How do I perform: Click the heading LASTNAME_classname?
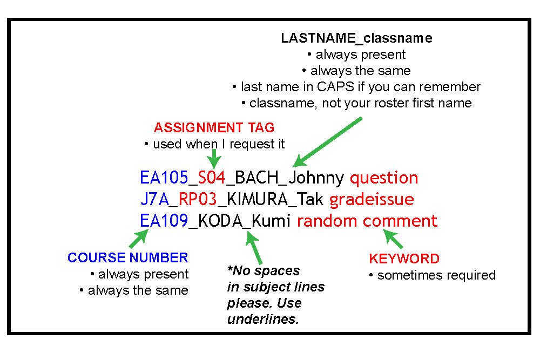[x=356, y=38]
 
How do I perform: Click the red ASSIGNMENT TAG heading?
[x=214, y=128]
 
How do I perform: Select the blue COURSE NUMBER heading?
[x=128, y=257]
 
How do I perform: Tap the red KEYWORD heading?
[x=404, y=259]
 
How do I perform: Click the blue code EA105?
[x=164, y=178]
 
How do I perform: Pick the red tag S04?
[x=212, y=178]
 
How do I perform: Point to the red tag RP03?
[x=198, y=199]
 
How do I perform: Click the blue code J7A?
[x=154, y=199]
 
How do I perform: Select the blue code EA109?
[x=164, y=221]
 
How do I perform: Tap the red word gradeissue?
[x=372, y=200]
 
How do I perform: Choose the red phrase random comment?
[x=367, y=221]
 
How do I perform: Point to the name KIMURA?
[x=257, y=199]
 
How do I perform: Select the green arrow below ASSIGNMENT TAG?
[x=214, y=159]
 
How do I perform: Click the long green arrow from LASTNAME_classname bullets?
[x=328, y=142]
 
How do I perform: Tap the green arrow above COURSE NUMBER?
[x=139, y=239]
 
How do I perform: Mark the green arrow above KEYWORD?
[x=393, y=239]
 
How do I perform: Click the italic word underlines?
[x=263, y=320]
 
